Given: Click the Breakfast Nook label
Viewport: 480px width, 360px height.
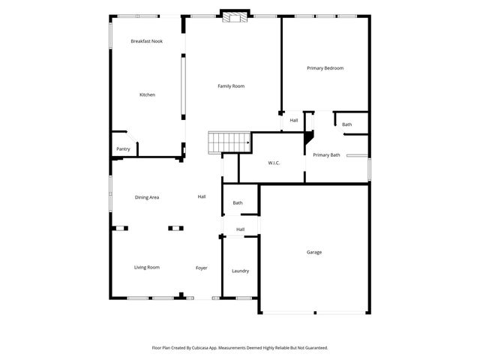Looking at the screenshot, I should coord(146,41).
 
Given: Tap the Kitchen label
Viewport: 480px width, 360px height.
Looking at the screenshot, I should coord(147,94).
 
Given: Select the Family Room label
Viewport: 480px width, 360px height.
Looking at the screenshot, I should coord(231,86).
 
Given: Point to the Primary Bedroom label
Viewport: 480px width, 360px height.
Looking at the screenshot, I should coord(325,68).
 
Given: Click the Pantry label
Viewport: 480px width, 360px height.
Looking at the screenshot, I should coord(123,149).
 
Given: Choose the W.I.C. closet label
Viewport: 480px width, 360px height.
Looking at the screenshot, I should coord(274,163).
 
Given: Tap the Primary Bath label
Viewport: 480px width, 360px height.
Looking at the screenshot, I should coord(326,154).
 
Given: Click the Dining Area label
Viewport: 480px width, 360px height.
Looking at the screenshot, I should coord(147,197).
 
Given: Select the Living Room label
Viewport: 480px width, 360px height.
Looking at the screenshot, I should coord(147,267).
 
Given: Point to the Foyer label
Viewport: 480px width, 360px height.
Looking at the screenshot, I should coord(202,268).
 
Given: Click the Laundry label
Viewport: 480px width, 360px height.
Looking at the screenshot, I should coord(240,271).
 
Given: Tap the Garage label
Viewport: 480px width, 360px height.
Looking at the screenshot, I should coord(314,252).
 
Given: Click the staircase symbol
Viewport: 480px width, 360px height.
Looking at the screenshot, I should coord(229,140).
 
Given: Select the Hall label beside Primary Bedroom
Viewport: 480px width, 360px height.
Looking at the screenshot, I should coord(294,120).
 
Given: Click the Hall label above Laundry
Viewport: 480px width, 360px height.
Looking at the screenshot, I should coord(240,229).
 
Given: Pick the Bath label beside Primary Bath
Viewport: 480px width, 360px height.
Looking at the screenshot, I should coord(347,124).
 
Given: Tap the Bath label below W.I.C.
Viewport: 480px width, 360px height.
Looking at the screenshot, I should coord(238,203).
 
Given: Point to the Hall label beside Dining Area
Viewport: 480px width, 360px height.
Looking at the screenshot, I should coord(202,196).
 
